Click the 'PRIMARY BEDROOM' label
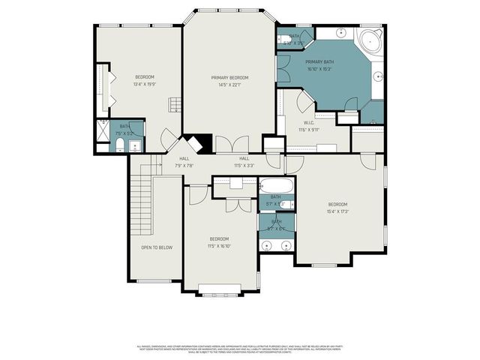229,77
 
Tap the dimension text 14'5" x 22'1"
229,84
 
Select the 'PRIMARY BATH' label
320,62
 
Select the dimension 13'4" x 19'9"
145,84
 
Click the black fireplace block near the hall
197,142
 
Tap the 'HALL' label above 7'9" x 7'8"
184,158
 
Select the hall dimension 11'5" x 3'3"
244,165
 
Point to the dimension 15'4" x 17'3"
337,211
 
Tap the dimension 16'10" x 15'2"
320,69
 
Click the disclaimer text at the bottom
239,349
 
